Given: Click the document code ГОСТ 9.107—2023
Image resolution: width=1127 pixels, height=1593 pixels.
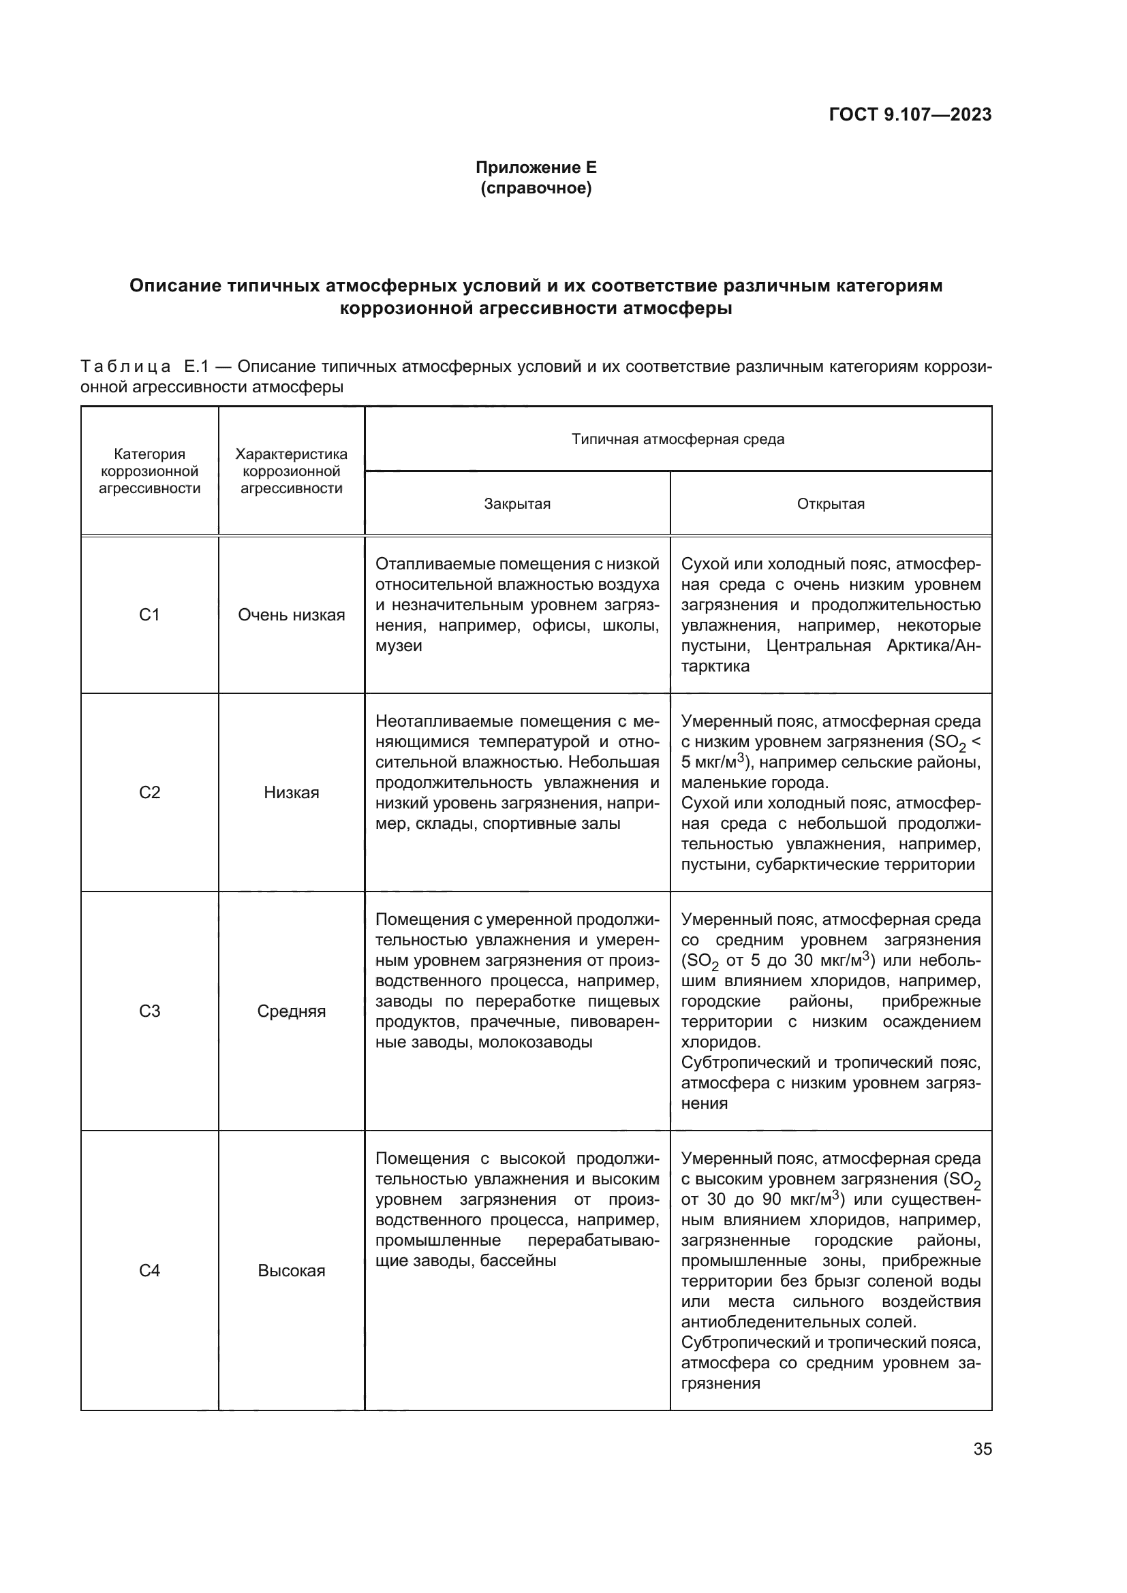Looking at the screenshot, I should [910, 114].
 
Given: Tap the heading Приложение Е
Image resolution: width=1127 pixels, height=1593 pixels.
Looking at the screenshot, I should [536, 168].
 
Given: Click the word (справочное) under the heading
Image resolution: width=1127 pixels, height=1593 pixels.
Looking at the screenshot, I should [536, 188].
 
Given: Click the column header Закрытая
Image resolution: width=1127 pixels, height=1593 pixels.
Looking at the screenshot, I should [517, 504].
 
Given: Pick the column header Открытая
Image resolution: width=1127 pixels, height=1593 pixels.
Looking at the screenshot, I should [831, 504].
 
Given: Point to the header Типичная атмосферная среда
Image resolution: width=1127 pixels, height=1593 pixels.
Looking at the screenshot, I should [678, 439].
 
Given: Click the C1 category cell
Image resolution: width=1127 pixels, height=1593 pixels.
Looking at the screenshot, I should [149, 615].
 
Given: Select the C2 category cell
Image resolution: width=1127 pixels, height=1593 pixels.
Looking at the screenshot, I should [149, 792].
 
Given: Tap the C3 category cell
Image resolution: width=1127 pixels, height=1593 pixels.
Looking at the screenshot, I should [149, 1011].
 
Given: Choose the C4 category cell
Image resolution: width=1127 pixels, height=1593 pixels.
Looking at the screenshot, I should [149, 1270].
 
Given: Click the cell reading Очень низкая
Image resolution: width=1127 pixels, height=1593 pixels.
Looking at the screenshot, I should [292, 615].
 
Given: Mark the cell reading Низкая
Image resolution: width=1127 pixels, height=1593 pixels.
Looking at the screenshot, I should [292, 792].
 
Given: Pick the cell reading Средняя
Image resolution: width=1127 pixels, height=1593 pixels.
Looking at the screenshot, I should [292, 1011].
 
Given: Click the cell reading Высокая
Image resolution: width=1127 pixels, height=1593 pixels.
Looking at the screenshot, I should [292, 1270].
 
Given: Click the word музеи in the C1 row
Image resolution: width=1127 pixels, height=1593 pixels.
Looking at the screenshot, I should [399, 646].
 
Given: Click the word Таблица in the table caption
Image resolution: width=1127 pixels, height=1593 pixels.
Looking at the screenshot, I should [125, 366].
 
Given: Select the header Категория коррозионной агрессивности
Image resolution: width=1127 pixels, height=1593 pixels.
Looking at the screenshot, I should [149, 471].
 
